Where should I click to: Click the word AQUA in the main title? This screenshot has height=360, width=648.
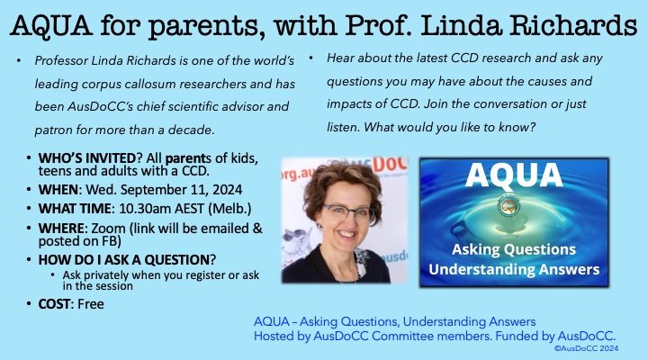click(x=51, y=25)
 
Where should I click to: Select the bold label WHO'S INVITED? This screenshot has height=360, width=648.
click(x=86, y=158)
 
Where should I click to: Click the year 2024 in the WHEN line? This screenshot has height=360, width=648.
click(x=227, y=190)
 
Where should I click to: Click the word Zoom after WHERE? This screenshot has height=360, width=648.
click(x=108, y=229)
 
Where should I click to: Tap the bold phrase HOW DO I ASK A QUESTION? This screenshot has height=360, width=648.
click(x=123, y=260)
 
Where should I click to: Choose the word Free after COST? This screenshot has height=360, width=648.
click(x=91, y=304)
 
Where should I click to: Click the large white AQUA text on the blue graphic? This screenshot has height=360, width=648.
click(x=514, y=175)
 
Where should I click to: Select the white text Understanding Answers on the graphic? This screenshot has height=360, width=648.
click(x=514, y=269)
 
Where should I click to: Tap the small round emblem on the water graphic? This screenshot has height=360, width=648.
click(x=508, y=206)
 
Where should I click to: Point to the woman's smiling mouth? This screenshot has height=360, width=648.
click(x=346, y=234)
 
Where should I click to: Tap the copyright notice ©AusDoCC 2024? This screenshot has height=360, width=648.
click(x=586, y=348)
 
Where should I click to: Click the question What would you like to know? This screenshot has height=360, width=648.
click(x=450, y=127)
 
